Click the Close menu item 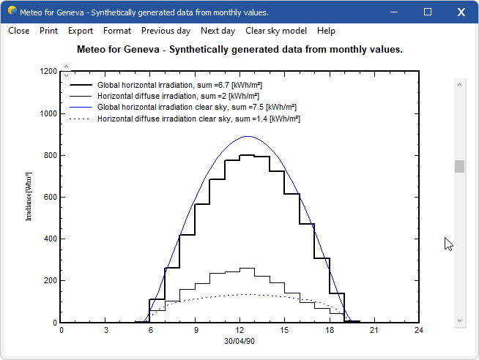click(x=19, y=31)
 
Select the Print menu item click(x=49, y=31)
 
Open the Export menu click(x=81, y=31)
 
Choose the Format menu click(x=117, y=31)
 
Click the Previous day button click(x=166, y=31)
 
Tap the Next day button click(x=218, y=31)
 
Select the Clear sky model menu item click(x=277, y=31)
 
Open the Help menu click(x=327, y=31)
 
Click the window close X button click(x=461, y=12)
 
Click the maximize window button click(x=428, y=12)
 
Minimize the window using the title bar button click(x=396, y=12)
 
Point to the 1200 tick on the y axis click(x=49, y=72)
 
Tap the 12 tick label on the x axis click(x=239, y=331)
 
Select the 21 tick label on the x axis click(x=374, y=331)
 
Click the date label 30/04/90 click(x=239, y=341)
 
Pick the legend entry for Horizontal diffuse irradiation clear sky click(x=198, y=119)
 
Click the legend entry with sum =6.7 click(x=179, y=86)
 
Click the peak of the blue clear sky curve click(x=247, y=136)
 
